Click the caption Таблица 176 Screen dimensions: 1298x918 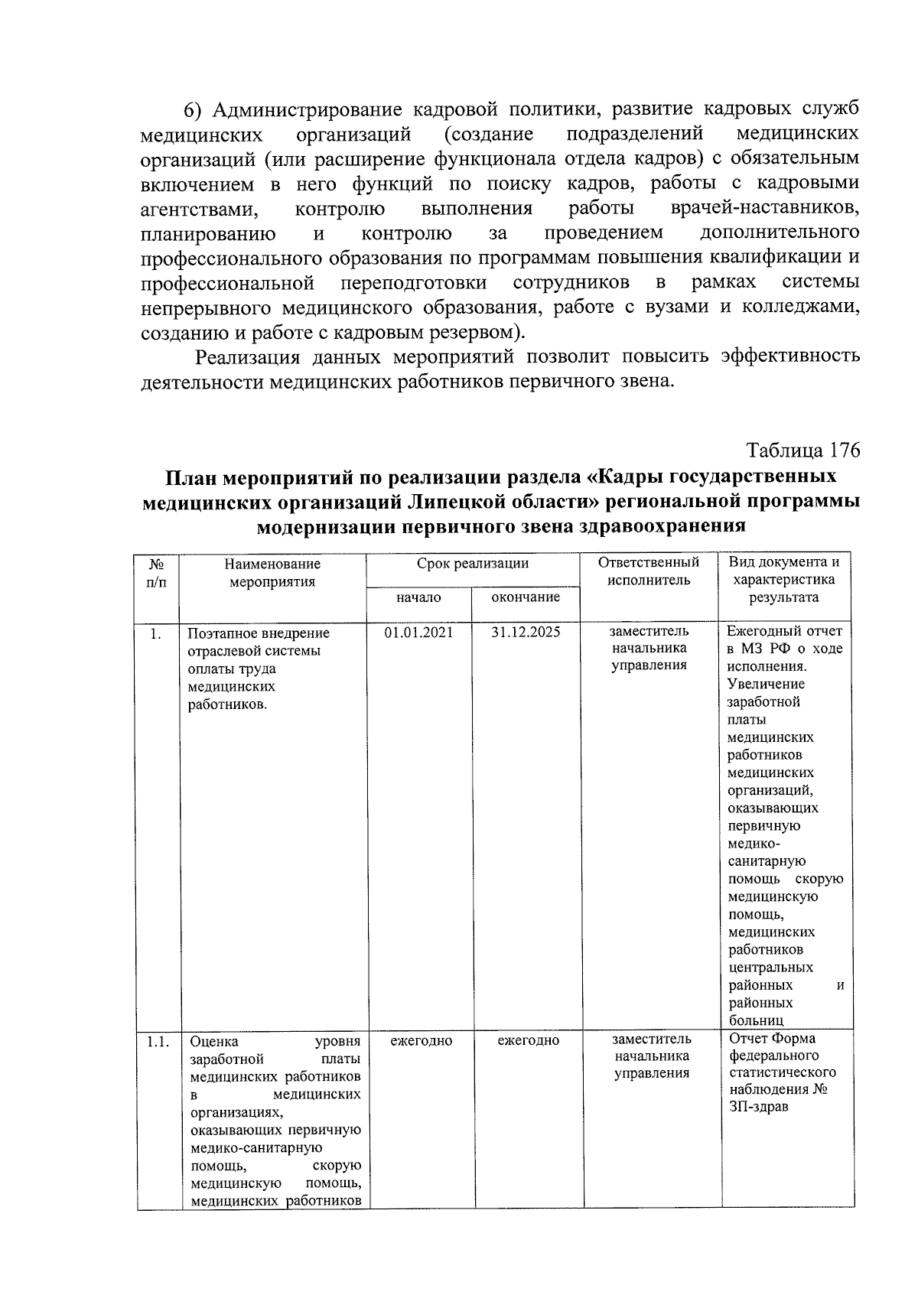(803, 451)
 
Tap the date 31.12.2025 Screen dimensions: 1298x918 (526, 633)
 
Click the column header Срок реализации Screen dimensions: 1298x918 (472, 564)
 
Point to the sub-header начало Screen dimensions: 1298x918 (418, 597)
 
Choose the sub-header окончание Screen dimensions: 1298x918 (526, 597)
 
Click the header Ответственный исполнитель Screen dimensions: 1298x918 (649, 571)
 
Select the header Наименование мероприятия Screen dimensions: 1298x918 (272, 572)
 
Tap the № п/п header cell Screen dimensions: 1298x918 (157, 572)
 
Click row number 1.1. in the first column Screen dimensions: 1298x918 (158, 1041)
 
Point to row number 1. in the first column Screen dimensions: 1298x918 (155, 633)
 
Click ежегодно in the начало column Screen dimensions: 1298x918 (421, 1041)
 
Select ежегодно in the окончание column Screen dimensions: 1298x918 (528, 1041)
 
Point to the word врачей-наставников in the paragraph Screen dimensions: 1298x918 (764, 209)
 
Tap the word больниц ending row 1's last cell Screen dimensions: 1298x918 (756, 1020)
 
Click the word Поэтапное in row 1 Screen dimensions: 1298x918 (220, 633)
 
